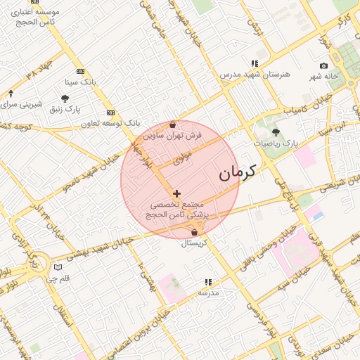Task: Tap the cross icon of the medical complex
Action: [176, 193]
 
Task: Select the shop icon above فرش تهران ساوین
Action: [173, 124]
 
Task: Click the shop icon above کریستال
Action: [194, 233]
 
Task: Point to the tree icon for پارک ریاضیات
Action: [275, 131]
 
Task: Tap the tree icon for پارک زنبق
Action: [65, 99]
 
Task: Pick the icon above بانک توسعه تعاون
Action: [110, 112]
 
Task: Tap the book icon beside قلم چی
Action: [58, 267]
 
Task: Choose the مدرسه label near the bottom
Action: [209, 292]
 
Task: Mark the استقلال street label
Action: [69, 320]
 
